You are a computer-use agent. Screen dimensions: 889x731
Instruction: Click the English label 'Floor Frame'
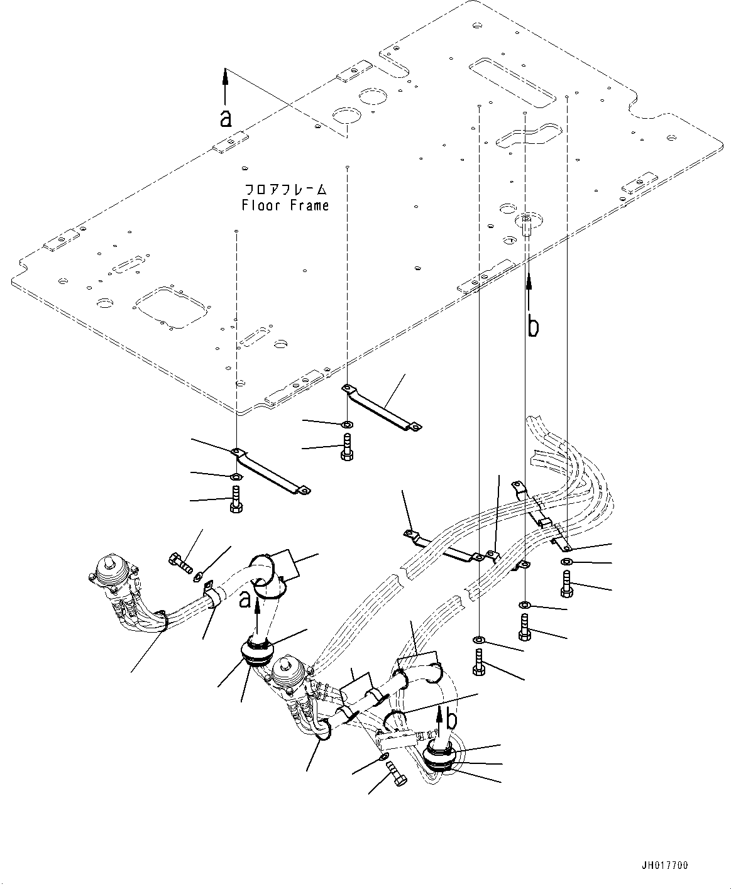pos(285,205)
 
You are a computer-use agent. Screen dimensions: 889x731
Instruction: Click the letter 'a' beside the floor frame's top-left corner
pos(225,117)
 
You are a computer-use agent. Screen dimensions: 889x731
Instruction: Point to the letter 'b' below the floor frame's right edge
pos(532,327)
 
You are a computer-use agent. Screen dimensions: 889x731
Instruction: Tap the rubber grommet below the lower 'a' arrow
pos(256,655)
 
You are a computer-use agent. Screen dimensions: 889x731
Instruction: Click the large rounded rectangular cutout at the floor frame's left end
pos(170,306)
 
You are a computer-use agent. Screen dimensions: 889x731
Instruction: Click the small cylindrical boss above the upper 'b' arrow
pos(526,224)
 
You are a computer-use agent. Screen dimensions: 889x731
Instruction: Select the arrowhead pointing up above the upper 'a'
pos(225,75)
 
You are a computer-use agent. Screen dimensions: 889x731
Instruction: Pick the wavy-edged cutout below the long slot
pos(526,134)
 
